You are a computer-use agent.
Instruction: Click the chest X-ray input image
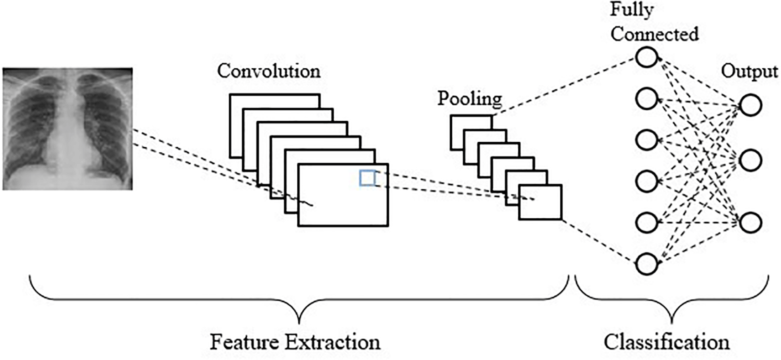[67, 129]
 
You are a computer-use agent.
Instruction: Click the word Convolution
[269, 72]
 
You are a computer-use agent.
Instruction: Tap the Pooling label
[470, 98]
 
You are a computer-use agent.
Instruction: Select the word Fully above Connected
[631, 10]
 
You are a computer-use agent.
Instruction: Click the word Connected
[654, 34]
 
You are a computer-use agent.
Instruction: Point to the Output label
[749, 72]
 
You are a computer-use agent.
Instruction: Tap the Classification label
[666, 342]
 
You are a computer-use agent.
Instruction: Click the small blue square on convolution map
[367, 178]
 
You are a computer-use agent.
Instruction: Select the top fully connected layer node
[647, 57]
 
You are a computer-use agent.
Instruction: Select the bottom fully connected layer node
[647, 264]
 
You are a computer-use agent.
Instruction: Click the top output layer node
[750, 105]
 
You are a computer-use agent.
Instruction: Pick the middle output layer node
[750, 160]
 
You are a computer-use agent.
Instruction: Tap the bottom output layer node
[750, 222]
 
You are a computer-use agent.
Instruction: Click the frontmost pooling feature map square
[540, 202]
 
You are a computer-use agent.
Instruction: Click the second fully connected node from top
[647, 98]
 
